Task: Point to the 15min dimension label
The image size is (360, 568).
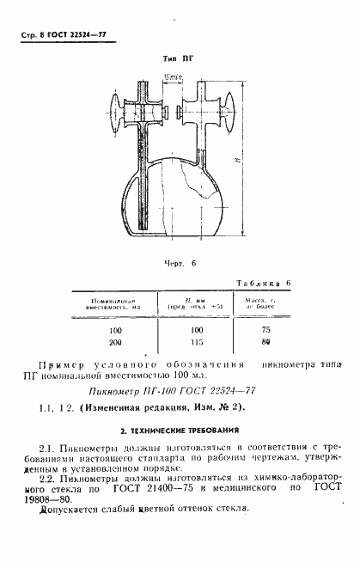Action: pyautogui.click(x=172, y=76)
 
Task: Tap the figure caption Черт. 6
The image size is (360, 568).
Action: pyautogui.click(x=180, y=264)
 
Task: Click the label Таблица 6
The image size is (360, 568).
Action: pyautogui.click(x=261, y=282)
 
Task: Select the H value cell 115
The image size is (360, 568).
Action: pyautogui.click(x=197, y=341)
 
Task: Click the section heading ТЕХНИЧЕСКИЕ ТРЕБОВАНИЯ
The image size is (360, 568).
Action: pyautogui.click(x=180, y=430)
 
